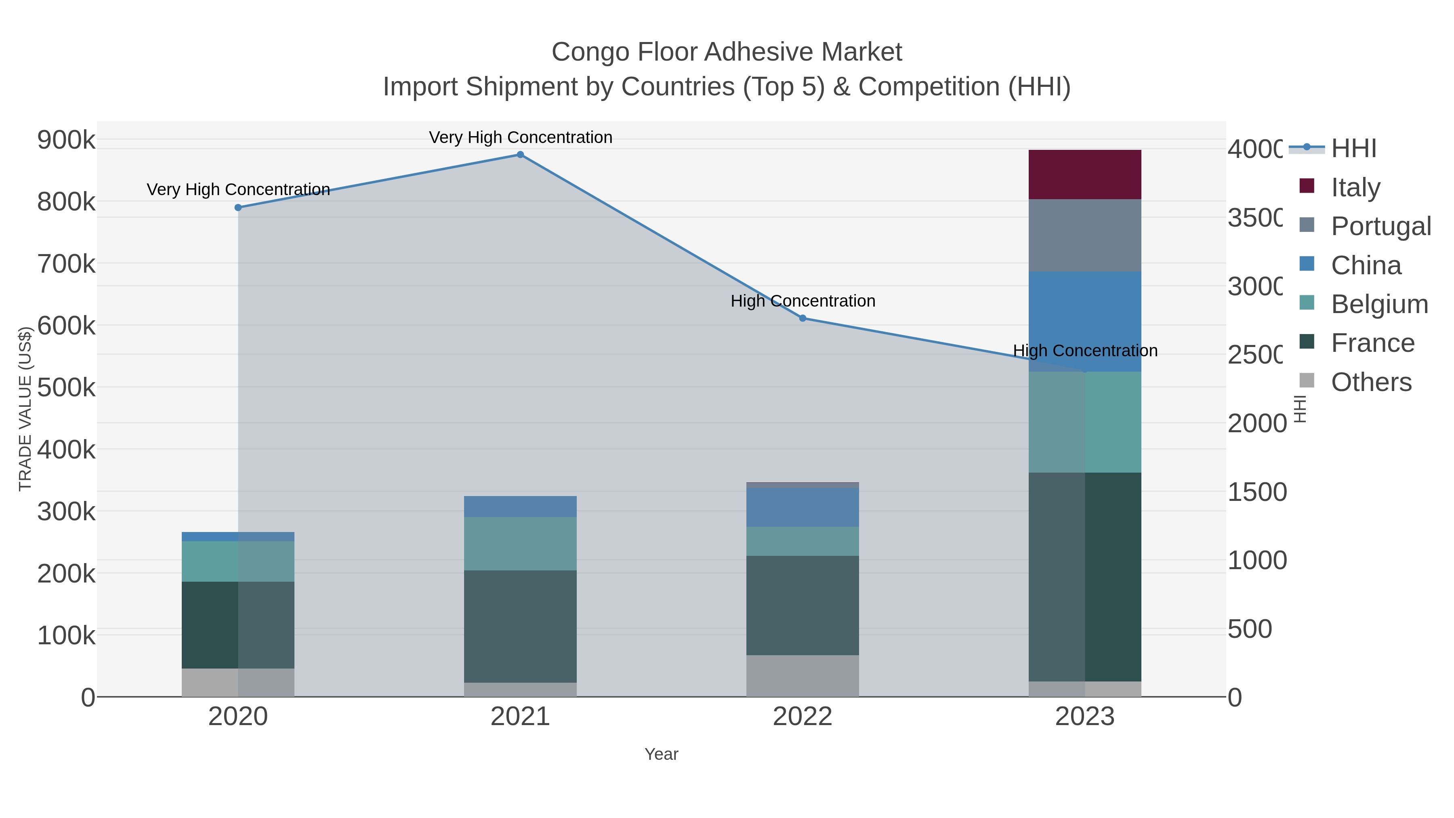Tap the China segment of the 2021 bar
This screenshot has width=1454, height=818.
520,507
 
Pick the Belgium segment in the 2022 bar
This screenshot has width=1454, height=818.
802,541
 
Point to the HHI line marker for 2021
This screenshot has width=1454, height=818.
520,155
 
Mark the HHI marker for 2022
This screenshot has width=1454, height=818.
803,318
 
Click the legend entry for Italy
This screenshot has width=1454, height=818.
1355,187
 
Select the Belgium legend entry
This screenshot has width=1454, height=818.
1379,304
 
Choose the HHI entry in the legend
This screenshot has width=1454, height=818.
1353,148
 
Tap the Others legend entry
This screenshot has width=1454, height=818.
1370,382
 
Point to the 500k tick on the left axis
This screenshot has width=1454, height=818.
66,388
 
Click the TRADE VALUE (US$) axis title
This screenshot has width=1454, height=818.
25,409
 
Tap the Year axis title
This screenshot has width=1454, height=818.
661,754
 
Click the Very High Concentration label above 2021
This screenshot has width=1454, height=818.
520,137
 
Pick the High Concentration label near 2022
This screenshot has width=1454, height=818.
803,301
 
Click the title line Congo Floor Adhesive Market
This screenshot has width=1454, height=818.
727,52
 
